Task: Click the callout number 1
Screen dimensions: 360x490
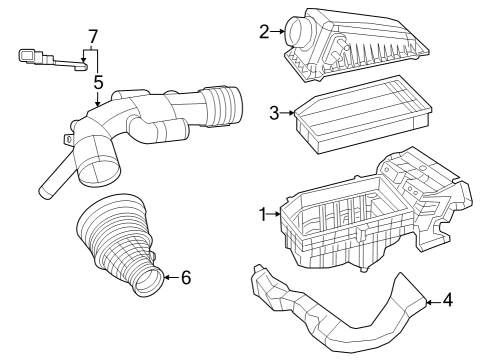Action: coord(263,214)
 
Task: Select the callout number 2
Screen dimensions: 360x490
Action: coord(265,32)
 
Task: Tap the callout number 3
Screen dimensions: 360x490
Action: coord(274,113)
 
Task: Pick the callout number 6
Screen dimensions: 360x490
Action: coord(185,277)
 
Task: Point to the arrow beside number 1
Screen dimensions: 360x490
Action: coord(277,214)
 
